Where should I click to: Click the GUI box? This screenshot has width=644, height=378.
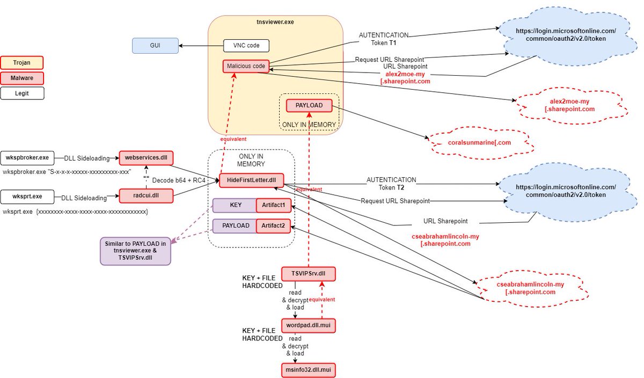coord(156,46)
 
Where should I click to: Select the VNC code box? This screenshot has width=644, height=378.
coord(245,46)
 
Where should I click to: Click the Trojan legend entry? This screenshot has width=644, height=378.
coord(22,63)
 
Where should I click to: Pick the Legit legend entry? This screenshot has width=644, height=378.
coord(22,93)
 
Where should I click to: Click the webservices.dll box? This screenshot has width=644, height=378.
coord(146,158)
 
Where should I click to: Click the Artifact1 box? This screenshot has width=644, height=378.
coord(273,206)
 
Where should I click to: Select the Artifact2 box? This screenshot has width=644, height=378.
coord(273,226)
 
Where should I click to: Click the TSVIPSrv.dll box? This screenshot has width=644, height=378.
coord(308,273)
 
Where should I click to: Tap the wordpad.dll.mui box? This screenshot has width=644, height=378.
coord(308,326)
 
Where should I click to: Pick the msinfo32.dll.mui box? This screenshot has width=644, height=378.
coord(308,370)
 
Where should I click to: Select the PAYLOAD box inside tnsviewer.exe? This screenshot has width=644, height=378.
coord(309,106)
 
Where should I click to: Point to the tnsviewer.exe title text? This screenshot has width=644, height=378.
coord(275,22)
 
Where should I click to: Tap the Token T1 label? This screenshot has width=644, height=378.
coord(383,42)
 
